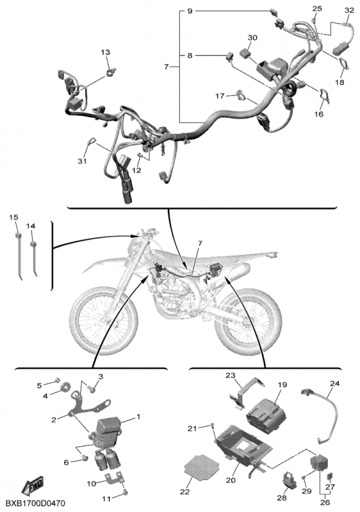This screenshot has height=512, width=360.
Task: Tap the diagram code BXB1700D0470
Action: (36, 502)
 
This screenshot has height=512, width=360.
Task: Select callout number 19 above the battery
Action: (282, 385)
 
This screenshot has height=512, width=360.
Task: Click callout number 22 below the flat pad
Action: (185, 492)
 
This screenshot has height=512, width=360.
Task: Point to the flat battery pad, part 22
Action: (200, 467)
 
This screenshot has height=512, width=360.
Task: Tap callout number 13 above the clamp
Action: (106, 52)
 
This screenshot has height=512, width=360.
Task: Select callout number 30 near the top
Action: (252, 38)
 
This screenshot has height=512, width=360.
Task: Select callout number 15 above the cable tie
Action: (13, 217)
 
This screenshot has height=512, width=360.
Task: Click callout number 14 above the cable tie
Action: (31, 226)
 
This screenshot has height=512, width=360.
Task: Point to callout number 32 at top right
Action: (349, 10)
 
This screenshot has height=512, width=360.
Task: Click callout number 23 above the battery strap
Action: (231, 376)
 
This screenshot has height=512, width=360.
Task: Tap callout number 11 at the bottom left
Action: (108, 499)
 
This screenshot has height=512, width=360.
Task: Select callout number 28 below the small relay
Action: (282, 498)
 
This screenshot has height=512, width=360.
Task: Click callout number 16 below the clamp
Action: (319, 114)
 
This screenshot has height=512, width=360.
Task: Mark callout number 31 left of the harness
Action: (83, 161)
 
